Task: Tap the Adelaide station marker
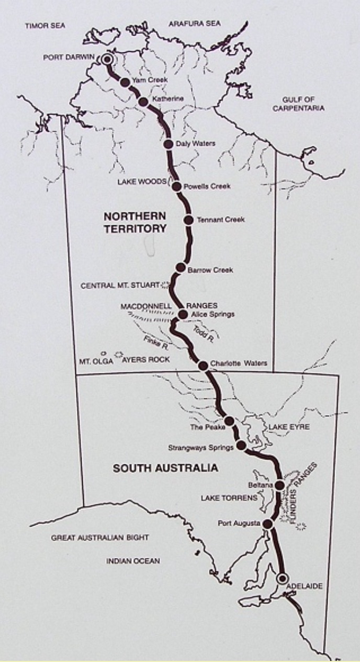click(x=283, y=578)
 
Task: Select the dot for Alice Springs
click(x=183, y=314)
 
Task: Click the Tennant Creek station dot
click(x=188, y=220)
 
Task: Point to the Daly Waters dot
click(x=168, y=144)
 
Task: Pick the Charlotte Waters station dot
click(x=203, y=365)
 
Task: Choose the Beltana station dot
click(x=279, y=486)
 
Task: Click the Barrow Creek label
click(x=210, y=270)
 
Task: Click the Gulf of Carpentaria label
click(x=303, y=104)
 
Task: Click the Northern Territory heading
click(x=134, y=222)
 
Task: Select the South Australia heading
click(x=165, y=468)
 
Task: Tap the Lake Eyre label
click(x=289, y=427)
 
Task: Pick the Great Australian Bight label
click(x=100, y=537)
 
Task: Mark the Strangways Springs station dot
click(x=241, y=446)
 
